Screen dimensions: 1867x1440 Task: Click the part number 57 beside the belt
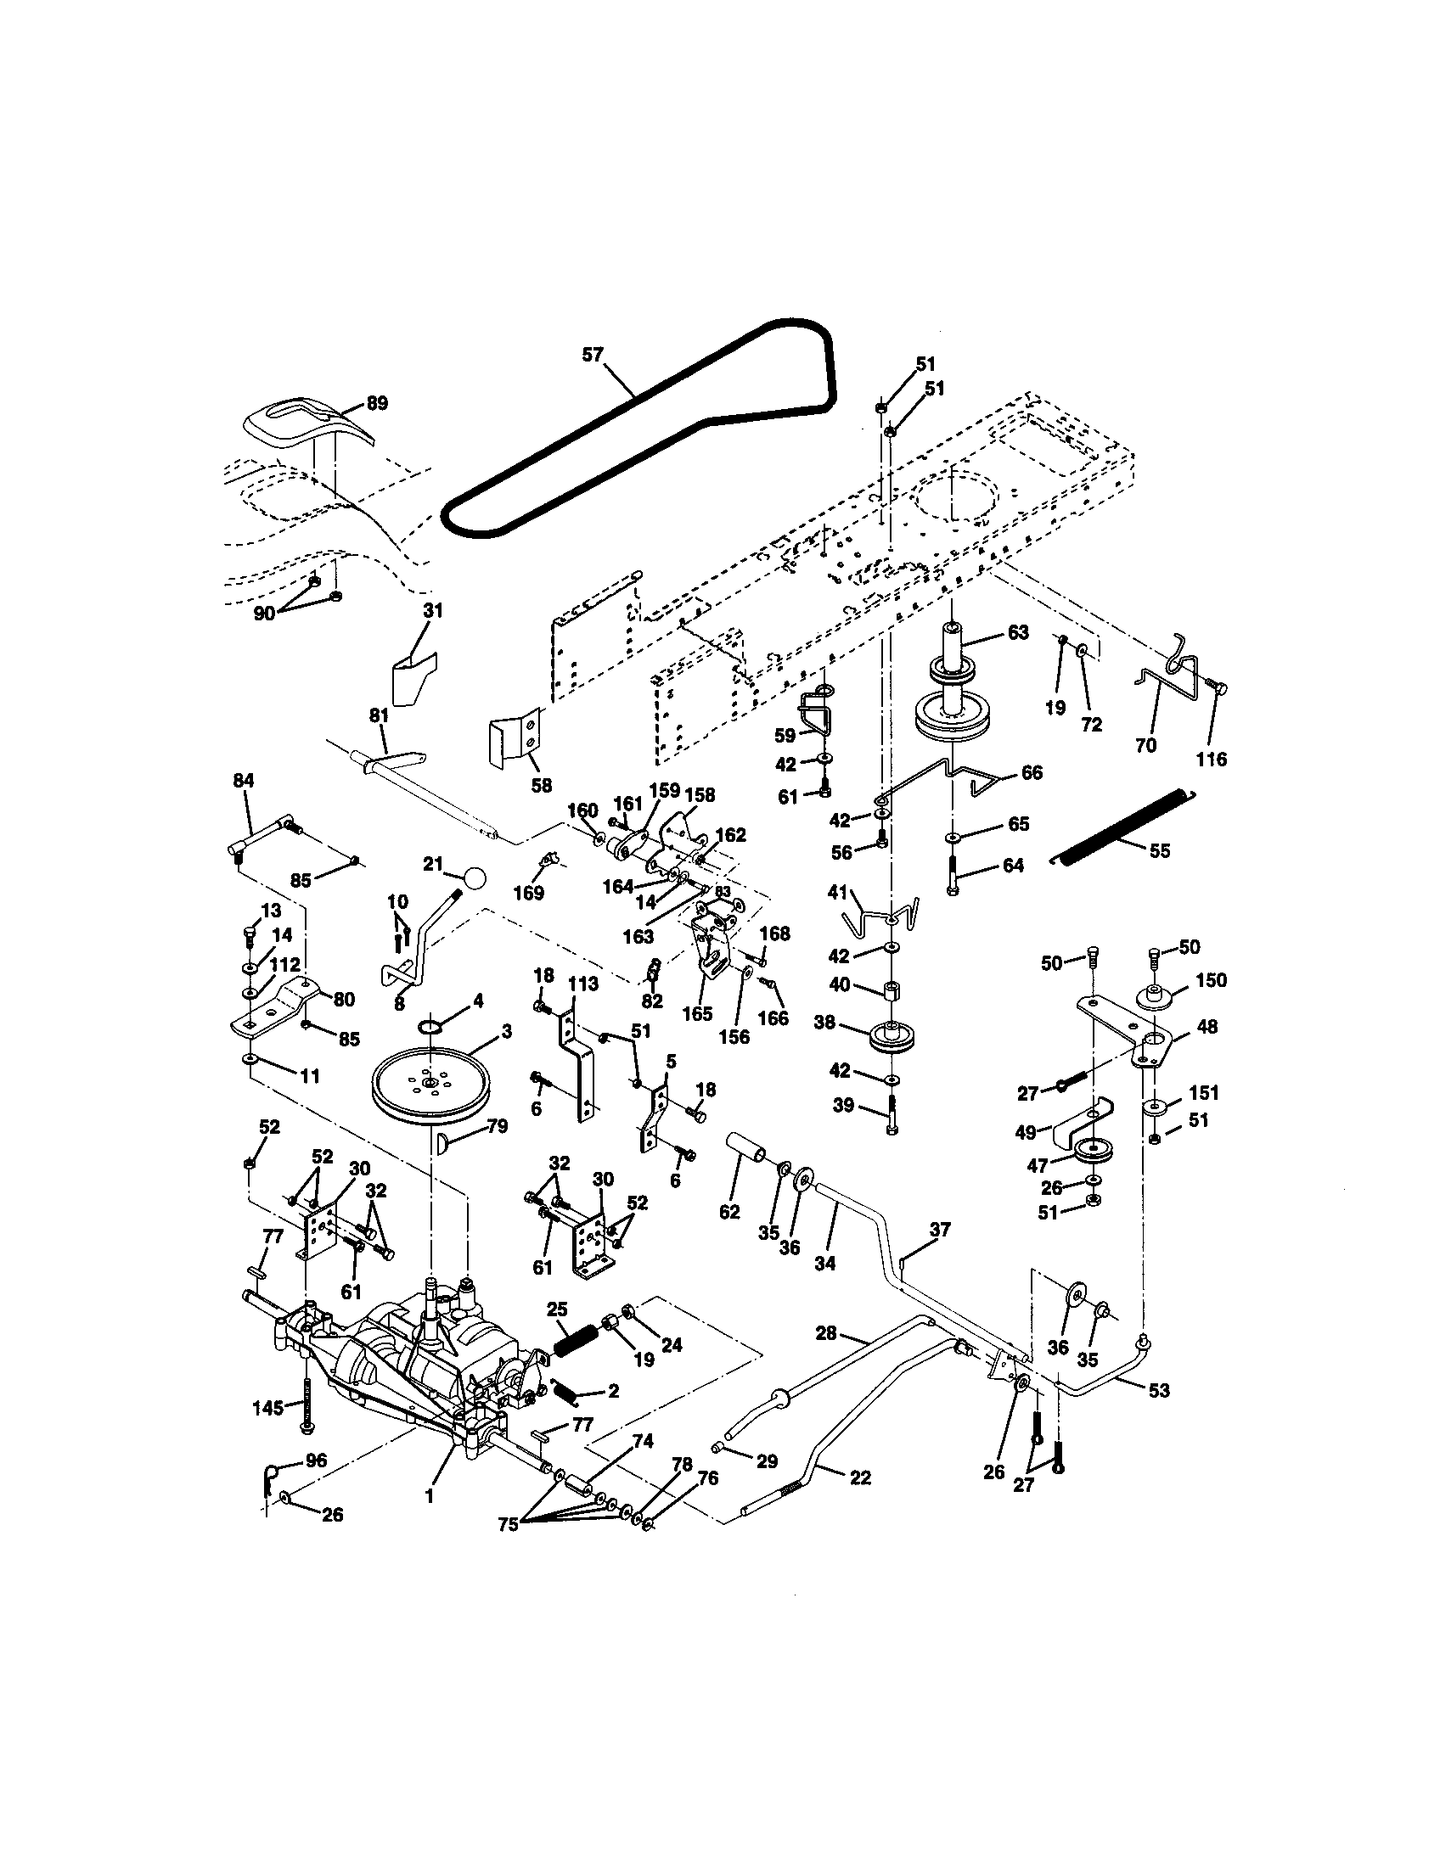coord(593,355)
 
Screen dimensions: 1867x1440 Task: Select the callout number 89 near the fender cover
coord(376,402)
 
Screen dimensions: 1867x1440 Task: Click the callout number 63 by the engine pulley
coord(1017,632)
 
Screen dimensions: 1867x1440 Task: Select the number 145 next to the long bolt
coord(268,1407)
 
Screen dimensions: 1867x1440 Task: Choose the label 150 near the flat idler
coord(1211,979)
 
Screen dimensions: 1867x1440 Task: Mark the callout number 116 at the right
coord(1212,758)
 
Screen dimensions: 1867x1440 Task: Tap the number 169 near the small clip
coord(535,893)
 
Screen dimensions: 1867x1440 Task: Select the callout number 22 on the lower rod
coord(860,1477)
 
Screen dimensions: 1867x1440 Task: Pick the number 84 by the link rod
coord(244,780)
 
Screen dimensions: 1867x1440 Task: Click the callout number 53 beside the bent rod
coord(1158,1391)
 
